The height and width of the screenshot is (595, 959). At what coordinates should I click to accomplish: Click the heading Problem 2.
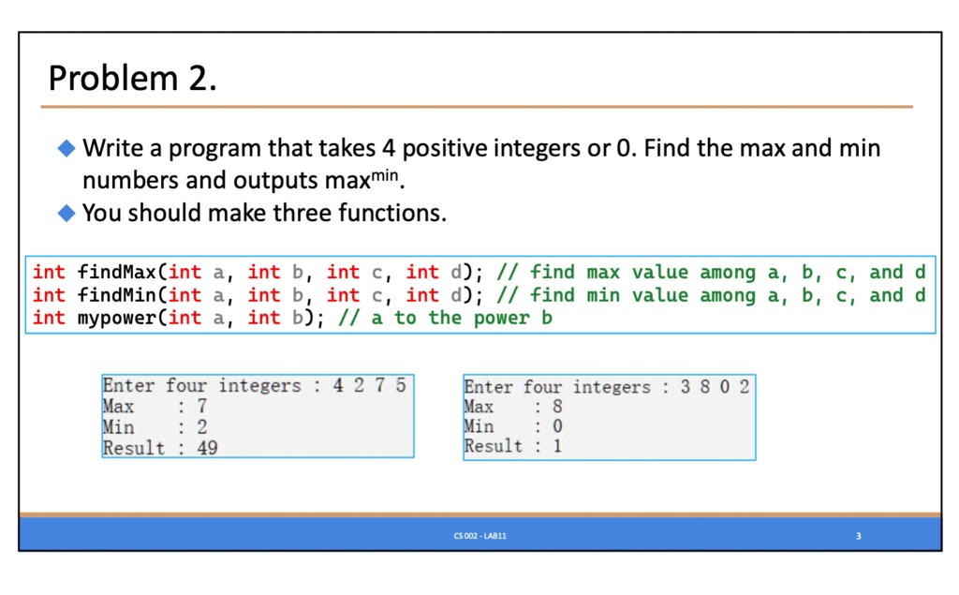pyautogui.click(x=133, y=79)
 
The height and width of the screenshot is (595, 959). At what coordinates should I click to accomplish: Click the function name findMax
pyautogui.click(x=117, y=272)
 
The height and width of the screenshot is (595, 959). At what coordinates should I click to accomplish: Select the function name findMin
pyautogui.click(x=117, y=295)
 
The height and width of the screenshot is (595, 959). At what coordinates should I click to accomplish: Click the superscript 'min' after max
pyautogui.click(x=385, y=175)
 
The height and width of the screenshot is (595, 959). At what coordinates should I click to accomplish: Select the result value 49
pyautogui.click(x=207, y=448)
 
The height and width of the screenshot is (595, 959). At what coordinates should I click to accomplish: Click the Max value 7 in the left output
pyautogui.click(x=202, y=406)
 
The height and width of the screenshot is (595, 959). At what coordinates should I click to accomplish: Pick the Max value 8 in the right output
pyautogui.click(x=557, y=406)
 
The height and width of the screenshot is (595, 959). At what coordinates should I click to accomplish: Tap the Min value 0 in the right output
pyautogui.click(x=557, y=426)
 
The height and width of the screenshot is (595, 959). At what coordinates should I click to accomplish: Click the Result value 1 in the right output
pyautogui.click(x=557, y=446)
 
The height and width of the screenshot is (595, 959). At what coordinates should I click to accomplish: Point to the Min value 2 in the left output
pyautogui.click(x=202, y=426)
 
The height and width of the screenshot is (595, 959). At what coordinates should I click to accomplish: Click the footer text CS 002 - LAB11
pyautogui.click(x=480, y=536)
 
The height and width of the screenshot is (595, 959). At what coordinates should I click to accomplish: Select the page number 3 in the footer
pyautogui.click(x=858, y=536)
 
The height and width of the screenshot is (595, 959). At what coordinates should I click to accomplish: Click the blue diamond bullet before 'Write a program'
pyautogui.click(x=66, y=147)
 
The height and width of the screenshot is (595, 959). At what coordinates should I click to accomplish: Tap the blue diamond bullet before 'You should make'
pyautogui.click(x=66, y=213)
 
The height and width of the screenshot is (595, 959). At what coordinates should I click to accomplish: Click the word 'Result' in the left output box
pyautogui.click(x=134, y=448)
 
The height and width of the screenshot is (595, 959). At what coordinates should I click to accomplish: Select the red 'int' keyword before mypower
pyautogui.click(x=49, y=318)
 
